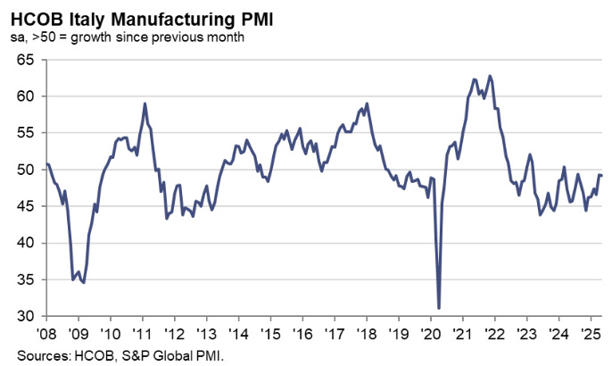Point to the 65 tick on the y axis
pyautogui.click(x=26, y=60)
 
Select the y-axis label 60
pyautogui.click(x=26, y=96)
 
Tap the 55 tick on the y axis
pyautogui.click(x=26, y=133)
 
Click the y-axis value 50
pyautogui.click(x=26, y=170)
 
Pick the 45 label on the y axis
pyautogui.click(x=26, y=206)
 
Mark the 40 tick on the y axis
pyautogui.click(x=26, y=243)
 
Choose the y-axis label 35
pyautogui.click(x=26, y=279)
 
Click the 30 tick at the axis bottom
pyautogui.click(x=26, y=316)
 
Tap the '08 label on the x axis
pyautogui.click(x=46, y=331)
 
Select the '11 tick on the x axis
pyautogui.click(x=142, y=331)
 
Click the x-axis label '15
pyautogui.click(x=269, y=331)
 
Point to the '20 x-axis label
pyautogui.click(x=429, y=331)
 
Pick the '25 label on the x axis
pyautogui.click(x=589, y=331)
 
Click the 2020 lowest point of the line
pyautogui.click(x=439, y=308)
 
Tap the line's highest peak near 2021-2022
pyautogui.click(x=490, y=76)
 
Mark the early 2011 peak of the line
pyautogui.click(x=145, y=104)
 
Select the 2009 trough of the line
pyautogui.click(x=83, y=282)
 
